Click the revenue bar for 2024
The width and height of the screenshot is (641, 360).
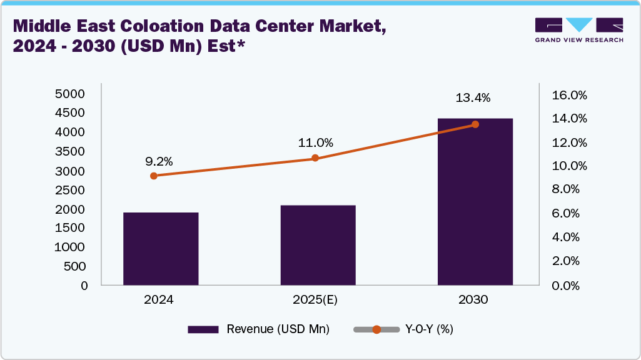tap(161, 249)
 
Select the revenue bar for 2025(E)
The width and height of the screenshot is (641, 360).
tap(318, 245)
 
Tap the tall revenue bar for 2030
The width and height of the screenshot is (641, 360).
tap(475, 201)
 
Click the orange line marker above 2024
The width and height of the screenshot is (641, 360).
tap(154, 176)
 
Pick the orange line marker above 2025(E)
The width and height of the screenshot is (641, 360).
tap(315, 158)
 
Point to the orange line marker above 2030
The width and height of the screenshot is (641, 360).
tap(475, 124)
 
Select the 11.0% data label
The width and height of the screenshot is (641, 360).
tap(315, 143)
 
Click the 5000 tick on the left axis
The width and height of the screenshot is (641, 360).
tap(70, 94)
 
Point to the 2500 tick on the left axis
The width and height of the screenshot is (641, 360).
tap(70, 189)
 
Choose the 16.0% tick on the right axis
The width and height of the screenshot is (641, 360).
tap(569, 96)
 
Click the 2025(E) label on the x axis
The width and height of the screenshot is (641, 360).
tap(315, 300)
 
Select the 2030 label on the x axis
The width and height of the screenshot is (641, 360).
tap(473, 300)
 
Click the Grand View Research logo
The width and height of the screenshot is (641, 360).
tap(578, 29)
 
